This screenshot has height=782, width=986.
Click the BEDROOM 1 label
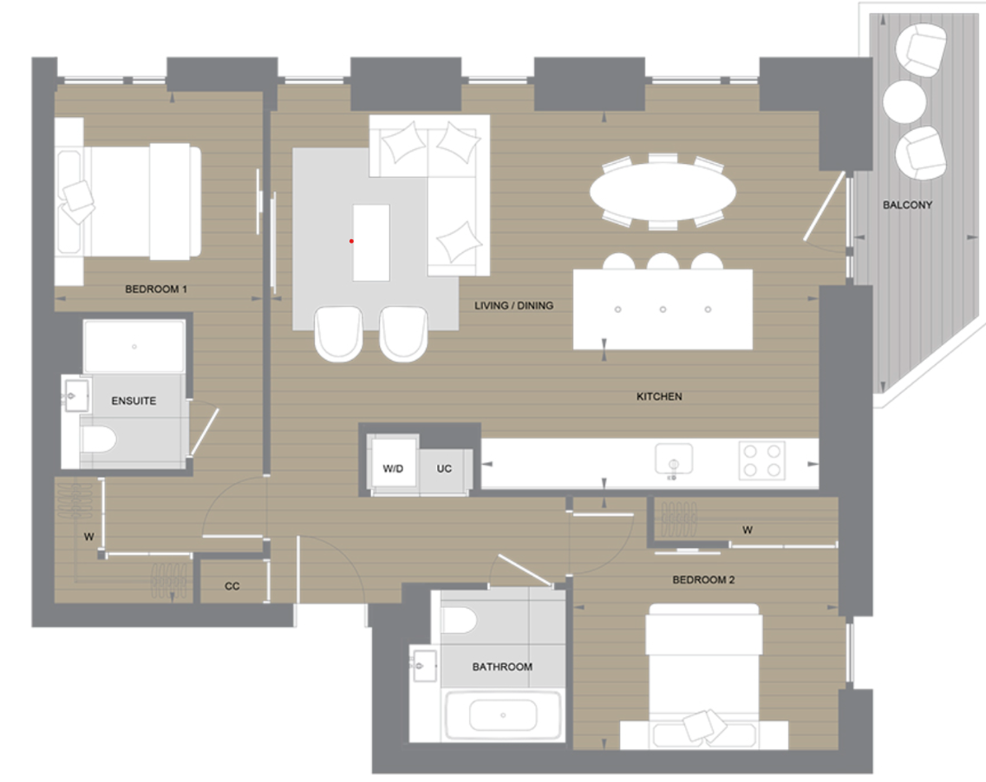[x=156, y=290]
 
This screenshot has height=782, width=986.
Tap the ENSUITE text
[x=134, y=401]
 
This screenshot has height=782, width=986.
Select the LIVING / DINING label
[x=513, y=306]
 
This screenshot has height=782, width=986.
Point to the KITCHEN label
[x=659, y=397]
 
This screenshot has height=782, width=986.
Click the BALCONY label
[x=907, y=205]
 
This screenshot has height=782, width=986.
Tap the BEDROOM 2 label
[x=703, y=580]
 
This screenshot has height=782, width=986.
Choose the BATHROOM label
[x=502, y=667]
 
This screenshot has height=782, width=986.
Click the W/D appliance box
[x=393, y=468]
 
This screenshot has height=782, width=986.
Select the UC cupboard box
[x=444, y=469]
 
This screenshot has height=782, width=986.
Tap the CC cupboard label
[x=232, y=587]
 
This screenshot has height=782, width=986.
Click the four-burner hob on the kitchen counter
[x=762, y=460]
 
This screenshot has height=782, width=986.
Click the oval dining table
[x=663, y=192]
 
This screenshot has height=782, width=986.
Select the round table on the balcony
[x=905, y=101]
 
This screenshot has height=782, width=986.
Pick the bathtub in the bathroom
[x=502, y=717]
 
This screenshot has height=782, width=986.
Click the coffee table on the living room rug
[x=371, y=242]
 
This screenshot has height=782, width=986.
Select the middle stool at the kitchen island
[x=663, y=263]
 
